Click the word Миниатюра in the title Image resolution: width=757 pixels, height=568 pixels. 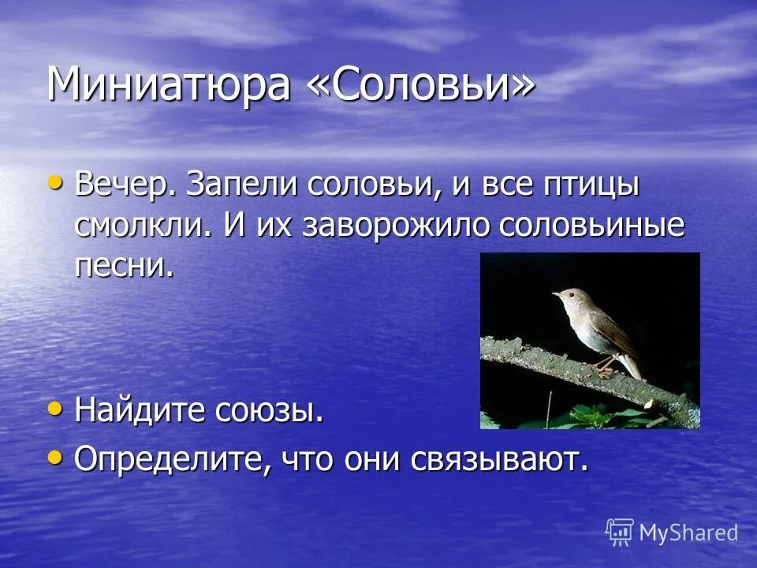[x=168, y=84]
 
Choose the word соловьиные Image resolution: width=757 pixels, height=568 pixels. [x=591, y=226]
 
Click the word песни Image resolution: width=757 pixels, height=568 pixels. [x=123, y=266]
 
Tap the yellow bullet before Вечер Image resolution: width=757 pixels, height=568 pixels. [x=54, y=182]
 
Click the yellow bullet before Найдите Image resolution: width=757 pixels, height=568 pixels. [x=54, y=408]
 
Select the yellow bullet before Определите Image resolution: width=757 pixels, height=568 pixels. [x=54, y=456]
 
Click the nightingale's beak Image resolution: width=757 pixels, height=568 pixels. [x=555, y=294]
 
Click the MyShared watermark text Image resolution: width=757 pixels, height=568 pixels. [x=688, y=532]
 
